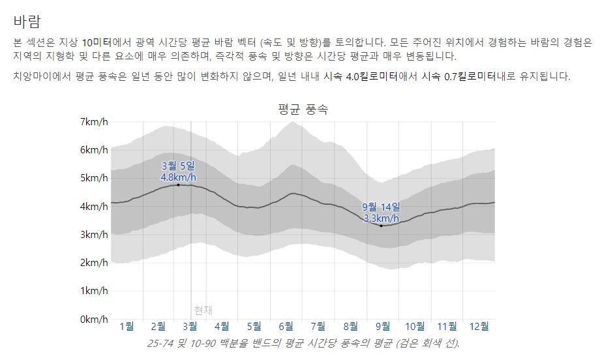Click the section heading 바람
tap(27, 16)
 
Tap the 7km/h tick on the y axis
tap(95, 122)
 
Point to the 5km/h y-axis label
tap(95, 178)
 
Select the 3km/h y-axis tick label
tap(95, 235)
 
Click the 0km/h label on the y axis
tap(95, 320)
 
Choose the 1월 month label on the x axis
tap(127, 326)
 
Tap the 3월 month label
tap(190, 326)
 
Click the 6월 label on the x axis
tap(286, 326)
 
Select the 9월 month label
tap(383, 326)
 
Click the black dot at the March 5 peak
tap(178, 185)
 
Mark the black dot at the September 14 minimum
tap(381, 226)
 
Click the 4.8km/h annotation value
tap(178, 177)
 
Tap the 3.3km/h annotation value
tap(381, 218)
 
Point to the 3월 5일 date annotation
tap(178, 166)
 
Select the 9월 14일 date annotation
tap(381, 207)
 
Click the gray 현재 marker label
tap(203, 310)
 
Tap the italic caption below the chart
tap(303, 343)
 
